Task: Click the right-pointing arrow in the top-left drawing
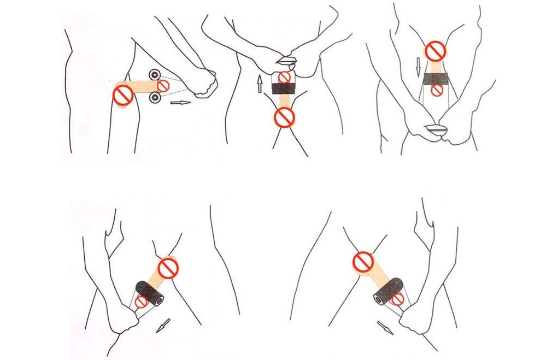[x=180, y=102]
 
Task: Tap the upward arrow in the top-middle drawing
[x=260, y=84]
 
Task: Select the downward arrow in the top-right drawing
[x=418, y=67]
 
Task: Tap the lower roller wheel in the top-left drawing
[x=154, y=98]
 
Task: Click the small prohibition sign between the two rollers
[x=163, y=86]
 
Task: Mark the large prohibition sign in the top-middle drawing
[x=284, y=116]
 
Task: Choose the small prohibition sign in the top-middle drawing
[x=283, y=77]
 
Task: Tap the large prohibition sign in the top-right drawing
[x=436, y=51]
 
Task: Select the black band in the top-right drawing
[x=436, y=79]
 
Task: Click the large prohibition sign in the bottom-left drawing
[x=168, y=268]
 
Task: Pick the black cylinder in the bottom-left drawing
[x=150, y=292]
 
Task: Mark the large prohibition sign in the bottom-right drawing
[x=363, y=262]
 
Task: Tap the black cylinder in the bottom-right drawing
[x=389, y=290]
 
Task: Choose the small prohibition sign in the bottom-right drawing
[x=397, y=299]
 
